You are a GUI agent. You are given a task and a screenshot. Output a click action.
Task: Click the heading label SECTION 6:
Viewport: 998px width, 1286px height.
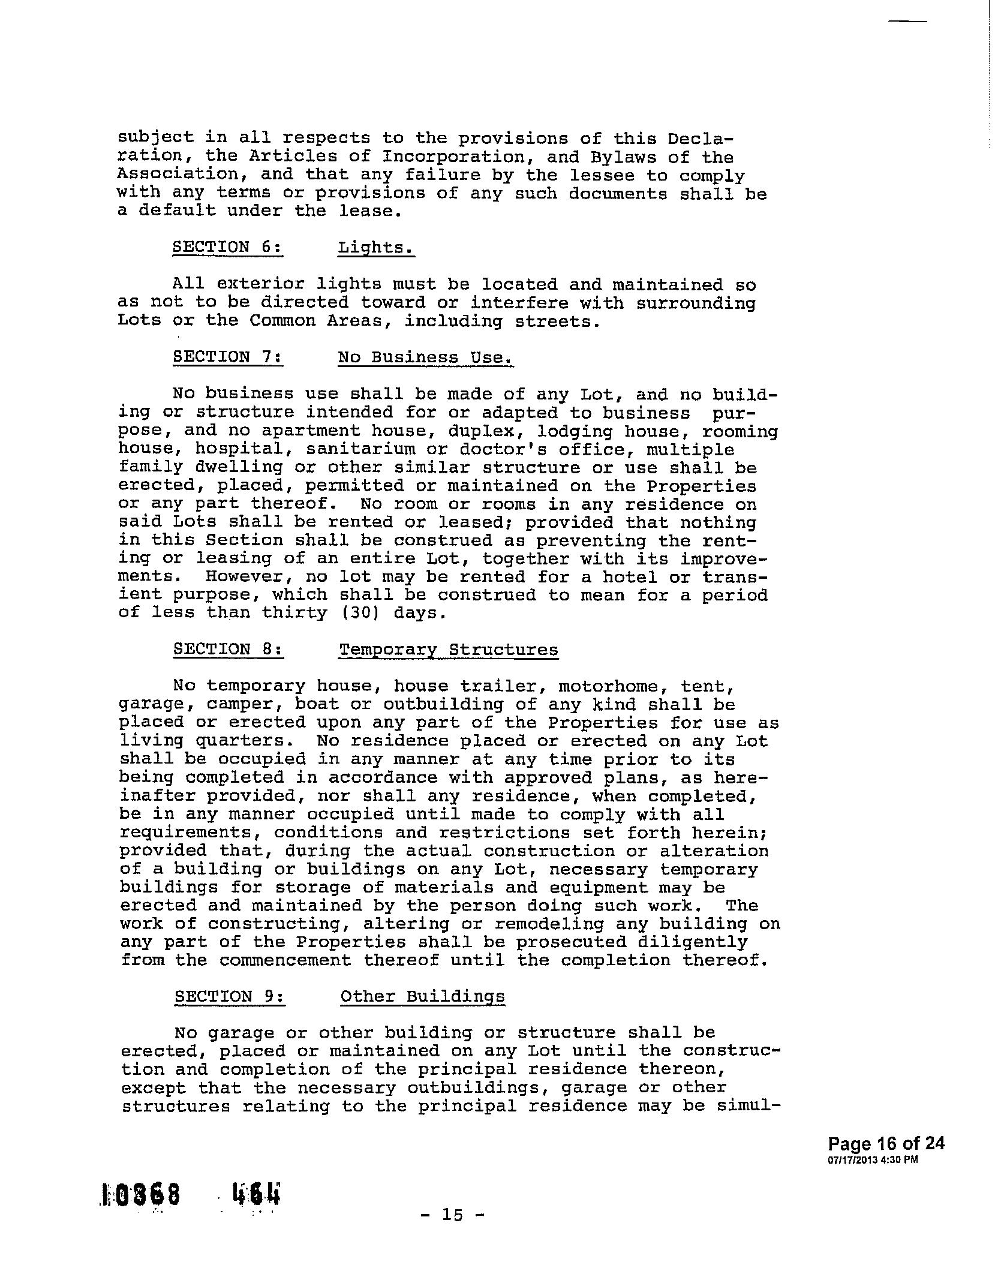point(228,247)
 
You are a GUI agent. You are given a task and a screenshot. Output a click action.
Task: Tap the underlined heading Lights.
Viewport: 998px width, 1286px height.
point(376,248)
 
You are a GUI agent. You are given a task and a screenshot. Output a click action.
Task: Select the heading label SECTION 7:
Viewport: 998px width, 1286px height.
point(228,357)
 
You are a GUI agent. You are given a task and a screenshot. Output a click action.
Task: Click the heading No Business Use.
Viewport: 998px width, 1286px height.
point(426,357)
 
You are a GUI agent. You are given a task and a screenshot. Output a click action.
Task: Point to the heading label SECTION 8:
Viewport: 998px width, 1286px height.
point(229,650)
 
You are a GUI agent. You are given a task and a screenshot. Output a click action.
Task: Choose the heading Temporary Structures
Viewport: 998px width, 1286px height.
point(449,650)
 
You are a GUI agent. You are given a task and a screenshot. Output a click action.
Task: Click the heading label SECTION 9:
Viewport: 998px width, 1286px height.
point(230,996)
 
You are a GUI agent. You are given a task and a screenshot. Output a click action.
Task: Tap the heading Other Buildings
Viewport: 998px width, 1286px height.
point(422,997)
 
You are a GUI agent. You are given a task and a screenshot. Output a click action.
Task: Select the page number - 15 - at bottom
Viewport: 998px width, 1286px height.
point(453,1215)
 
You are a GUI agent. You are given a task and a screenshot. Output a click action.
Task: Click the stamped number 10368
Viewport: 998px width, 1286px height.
point(142,1195)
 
